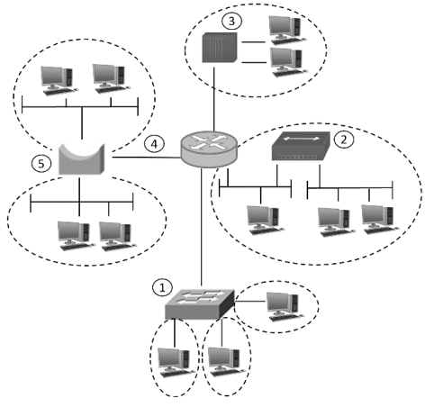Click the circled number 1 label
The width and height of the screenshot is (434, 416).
coord(162,288)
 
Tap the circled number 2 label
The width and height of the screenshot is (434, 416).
coord(344,139)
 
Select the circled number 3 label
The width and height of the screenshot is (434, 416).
coord(231,21)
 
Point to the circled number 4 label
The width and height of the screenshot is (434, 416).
coord(154,144)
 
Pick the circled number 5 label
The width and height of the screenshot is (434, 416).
coord(41,164)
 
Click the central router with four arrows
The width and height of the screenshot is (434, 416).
coord(209,149)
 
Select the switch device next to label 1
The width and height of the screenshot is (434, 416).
coord(200,303)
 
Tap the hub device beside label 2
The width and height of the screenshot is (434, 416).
coord(301,146)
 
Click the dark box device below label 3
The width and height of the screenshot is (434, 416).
coord(220,48)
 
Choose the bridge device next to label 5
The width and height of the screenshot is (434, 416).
coord(82,160)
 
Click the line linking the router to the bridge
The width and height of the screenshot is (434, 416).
coord(147,158)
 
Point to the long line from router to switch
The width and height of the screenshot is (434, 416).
coord(202,227)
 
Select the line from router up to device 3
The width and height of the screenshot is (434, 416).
coord(214,99)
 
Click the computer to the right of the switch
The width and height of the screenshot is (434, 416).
coord(285,307)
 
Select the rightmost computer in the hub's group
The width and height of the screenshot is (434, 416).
coord(380,220)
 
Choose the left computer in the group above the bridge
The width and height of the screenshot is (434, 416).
coord(59,81)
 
